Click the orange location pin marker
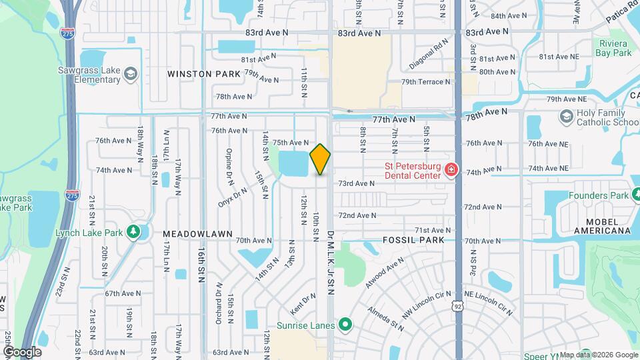[x=321, y=159]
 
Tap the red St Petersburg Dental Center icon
[x=452, y=171]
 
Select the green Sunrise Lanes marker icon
[x=344, y=325]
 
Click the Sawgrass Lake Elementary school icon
[x=131, y=73]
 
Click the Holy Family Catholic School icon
[x=566, y=117]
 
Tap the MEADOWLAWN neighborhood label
[x=198, y=234]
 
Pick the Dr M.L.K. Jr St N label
[x=330, y=261]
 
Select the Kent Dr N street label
[x=303, y=305]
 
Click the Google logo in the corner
[x=21, y=351]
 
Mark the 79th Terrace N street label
[x=425, y=82]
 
